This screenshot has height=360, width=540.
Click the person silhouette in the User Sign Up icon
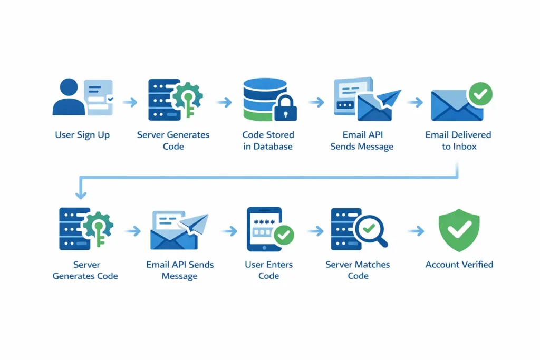point(69,98)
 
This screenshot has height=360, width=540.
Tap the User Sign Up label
point(82,135)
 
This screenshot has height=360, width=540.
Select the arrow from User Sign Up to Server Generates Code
point(130,102)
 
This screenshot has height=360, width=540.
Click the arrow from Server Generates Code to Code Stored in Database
point(224,102)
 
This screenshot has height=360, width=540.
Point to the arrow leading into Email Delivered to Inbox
point(415,102)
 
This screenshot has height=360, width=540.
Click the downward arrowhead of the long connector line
point(80,195)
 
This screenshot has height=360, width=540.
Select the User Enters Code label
point(268,270)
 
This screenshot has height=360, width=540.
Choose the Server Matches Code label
point(358,270)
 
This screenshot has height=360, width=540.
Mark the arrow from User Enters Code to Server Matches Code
point(315,231)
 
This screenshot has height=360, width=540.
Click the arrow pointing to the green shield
point(416,231)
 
